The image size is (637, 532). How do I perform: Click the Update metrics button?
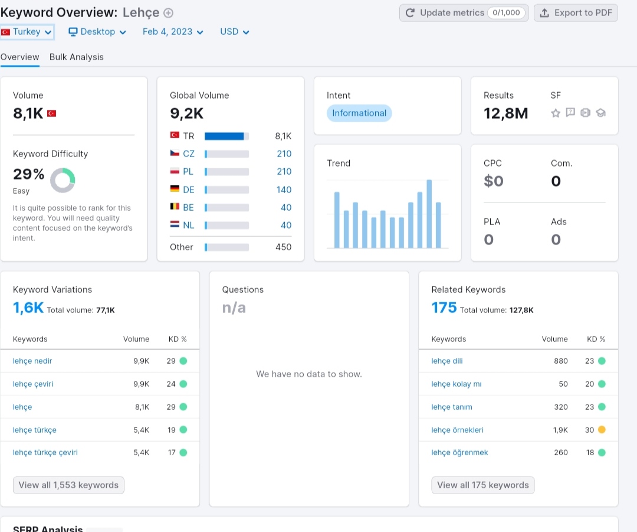[x=464, y=13]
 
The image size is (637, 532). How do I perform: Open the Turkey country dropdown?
[x=27, y=32]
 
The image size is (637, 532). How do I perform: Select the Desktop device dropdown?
[x=97, y=32]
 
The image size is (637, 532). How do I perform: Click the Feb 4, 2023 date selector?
[x=173, y=32]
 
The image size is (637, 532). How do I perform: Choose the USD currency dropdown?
[x=234, y=32]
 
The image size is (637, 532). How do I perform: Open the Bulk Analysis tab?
[x=76, y=57]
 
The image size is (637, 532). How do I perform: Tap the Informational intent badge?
[x=359, y=113]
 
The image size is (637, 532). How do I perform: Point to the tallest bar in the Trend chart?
[x=429, y=214]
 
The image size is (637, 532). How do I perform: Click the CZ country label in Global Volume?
[x=189, y=154]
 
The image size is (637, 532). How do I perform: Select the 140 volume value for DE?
[x=284, y=190]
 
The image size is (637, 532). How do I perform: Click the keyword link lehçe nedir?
[x=32, y=361]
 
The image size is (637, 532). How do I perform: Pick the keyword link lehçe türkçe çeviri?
[x=45, y=453]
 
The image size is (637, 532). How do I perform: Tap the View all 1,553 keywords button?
[x=68, y=485]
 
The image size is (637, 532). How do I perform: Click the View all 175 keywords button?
[x=483, y=485]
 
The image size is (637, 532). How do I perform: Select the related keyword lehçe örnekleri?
[x=458, y=430]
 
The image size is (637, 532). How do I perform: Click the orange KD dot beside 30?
[x=602, y=429]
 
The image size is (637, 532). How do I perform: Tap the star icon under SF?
[x=556, y=113]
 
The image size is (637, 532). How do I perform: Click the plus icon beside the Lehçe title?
[x=168, y=13]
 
